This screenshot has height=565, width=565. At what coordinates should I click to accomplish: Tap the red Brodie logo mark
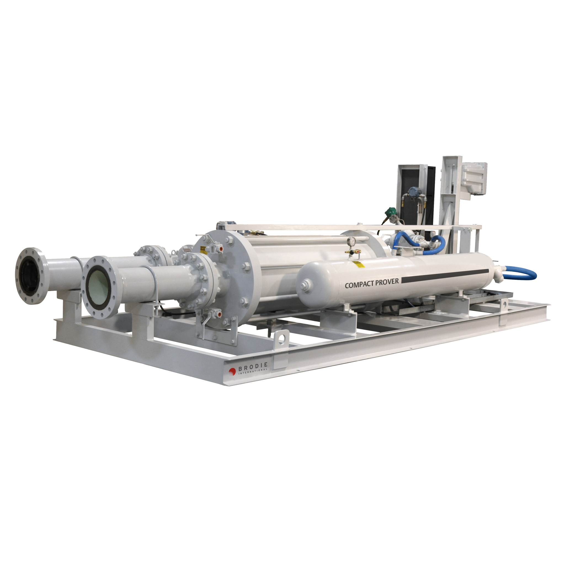click(233, 371)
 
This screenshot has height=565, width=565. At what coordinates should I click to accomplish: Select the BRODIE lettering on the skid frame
click(253, 365)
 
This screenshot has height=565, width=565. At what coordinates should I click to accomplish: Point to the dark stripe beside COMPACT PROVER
click(445, 276)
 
